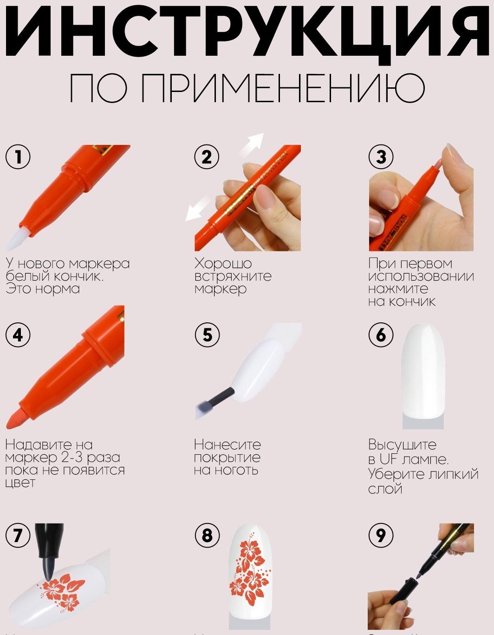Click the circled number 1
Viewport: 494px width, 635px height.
[x=18, y=157]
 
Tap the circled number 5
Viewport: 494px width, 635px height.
[x=207, y=334]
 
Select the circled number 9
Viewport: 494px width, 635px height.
[x=381, y=535]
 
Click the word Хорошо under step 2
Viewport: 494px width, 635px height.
[x=223, y=263]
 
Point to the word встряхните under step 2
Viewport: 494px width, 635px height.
[x=233, y=276]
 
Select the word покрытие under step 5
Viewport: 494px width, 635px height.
[x=227, y=457]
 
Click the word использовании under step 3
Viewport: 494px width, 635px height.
[x=421, y=276]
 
